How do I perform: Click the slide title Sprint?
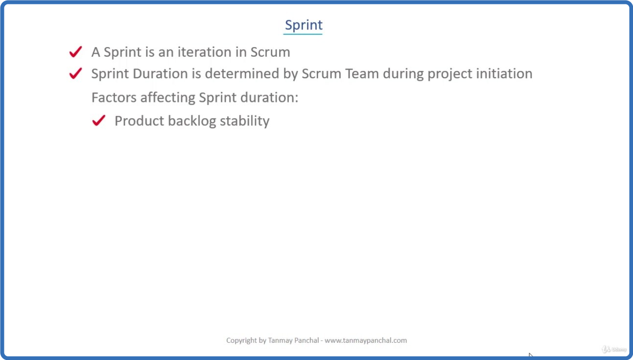304,25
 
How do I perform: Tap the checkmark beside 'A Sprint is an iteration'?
75,52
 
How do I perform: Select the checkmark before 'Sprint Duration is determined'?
75,73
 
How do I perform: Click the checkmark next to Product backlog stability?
98,120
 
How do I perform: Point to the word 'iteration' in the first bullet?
204,52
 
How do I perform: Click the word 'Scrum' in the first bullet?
270,52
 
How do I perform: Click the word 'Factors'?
114,97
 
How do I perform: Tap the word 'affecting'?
167,98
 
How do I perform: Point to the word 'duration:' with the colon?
269,97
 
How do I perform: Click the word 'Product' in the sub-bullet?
140,121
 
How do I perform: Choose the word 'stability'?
245,121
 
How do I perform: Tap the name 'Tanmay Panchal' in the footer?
293,340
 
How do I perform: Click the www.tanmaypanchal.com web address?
366,340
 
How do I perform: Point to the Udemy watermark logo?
614,350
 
